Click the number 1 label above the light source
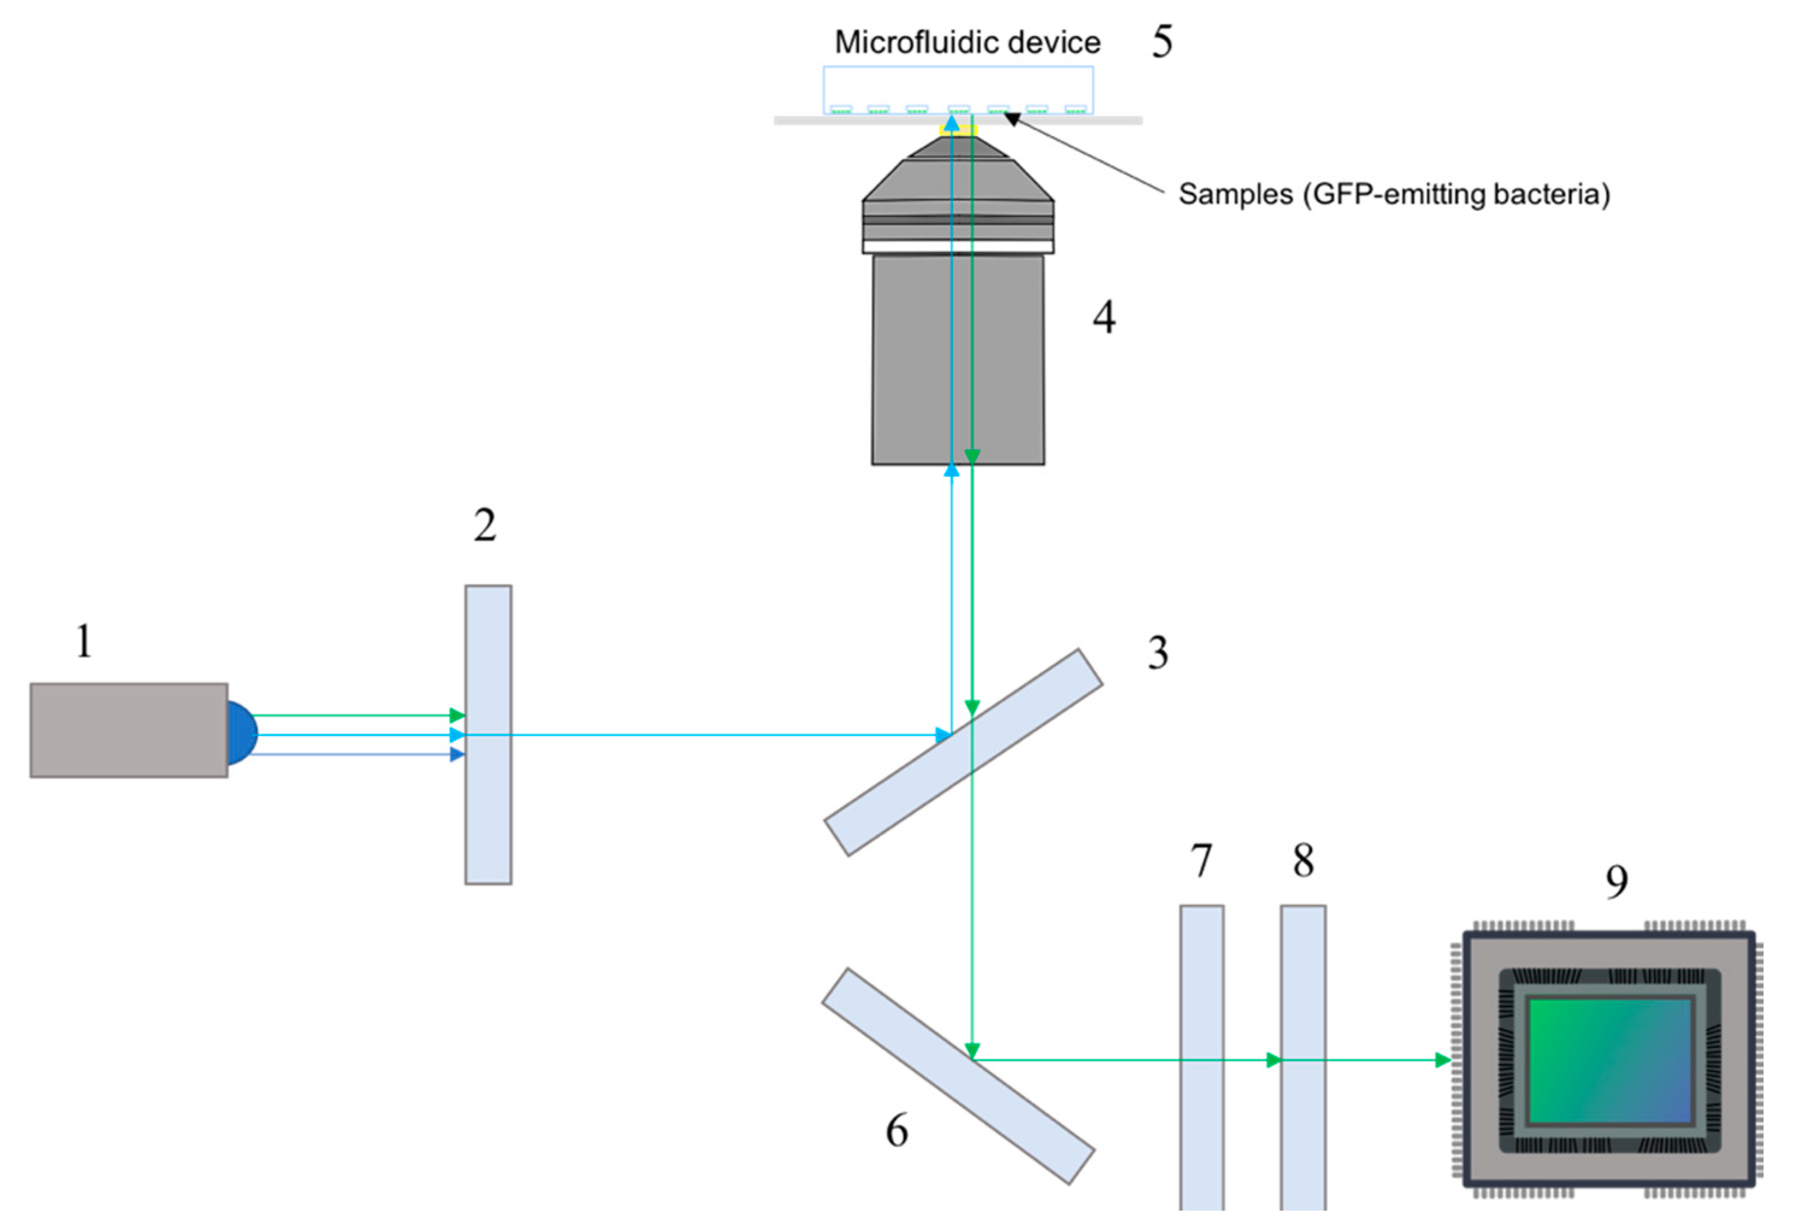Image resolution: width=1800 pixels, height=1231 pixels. [x=84, y=641]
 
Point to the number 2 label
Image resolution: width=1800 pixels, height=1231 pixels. [x=485, y=526]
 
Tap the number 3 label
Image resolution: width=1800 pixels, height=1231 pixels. [x=1157, y=652]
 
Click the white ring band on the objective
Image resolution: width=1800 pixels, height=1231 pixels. [x=957, y=246]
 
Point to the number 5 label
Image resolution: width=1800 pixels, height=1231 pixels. [x=1162, y=41]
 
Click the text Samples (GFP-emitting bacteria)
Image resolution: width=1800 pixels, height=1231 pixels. [x=1394, y=194]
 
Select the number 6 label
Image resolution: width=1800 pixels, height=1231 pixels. [x=896, y=1130]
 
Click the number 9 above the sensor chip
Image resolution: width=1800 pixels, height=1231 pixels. [x=1616, y=881]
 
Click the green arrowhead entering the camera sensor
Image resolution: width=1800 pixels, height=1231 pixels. [x=1442, y=1060]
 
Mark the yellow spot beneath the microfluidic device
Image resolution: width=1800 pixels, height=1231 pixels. [x=958, y=130]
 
